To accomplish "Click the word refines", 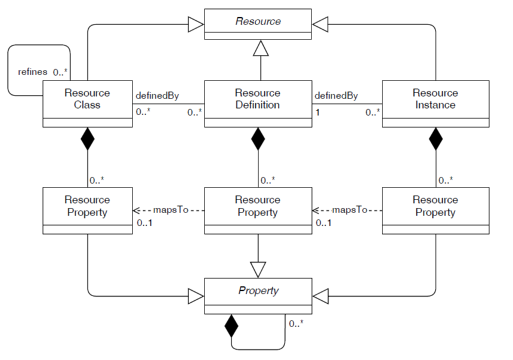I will [x=31, y=72].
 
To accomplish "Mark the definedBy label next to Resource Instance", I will [x=336, y=95].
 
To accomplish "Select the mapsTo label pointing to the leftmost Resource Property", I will [x=171, y=210].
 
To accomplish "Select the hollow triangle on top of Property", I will [x=258, y=269].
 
